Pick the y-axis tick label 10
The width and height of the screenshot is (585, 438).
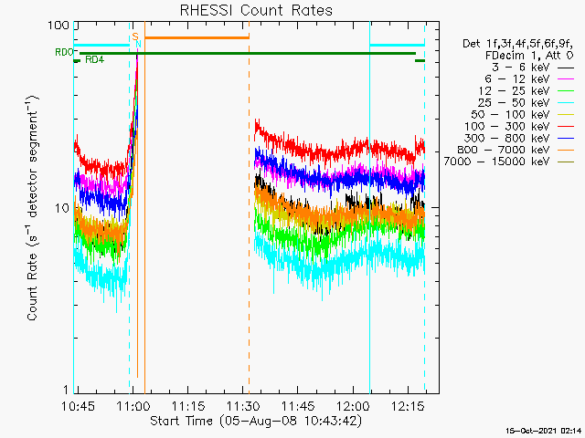point(61,208)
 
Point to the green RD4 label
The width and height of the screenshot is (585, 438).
point(94,60)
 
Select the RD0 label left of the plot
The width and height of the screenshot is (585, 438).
point(63,53)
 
